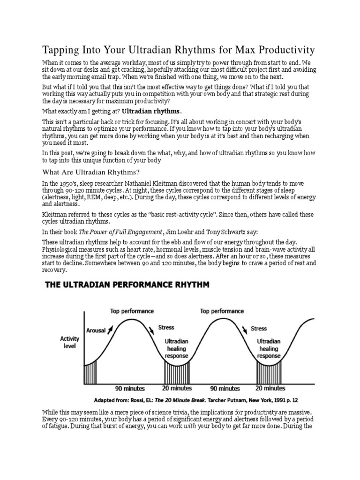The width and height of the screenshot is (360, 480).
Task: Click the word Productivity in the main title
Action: point(283,50)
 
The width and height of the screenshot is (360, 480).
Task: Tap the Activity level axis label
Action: point(70,342)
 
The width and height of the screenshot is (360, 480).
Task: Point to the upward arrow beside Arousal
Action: point(110,330)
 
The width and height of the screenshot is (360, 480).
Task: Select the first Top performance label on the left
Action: point(132,311)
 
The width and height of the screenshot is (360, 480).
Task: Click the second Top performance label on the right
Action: point(222,311)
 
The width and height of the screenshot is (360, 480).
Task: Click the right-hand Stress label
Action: point(259,328)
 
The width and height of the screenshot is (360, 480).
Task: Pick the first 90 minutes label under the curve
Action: point(130,388)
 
